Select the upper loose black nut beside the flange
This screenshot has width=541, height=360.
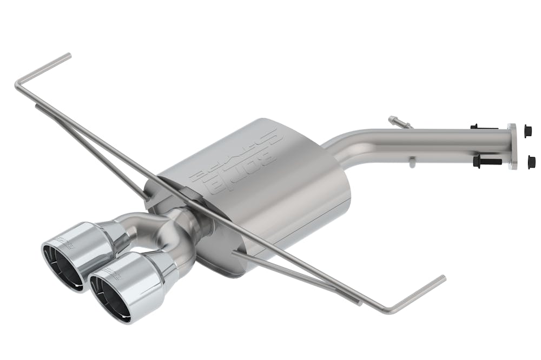528,131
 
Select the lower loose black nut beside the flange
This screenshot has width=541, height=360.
531,161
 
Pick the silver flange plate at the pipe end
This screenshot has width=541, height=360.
512,146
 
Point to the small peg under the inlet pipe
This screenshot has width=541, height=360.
412,161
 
